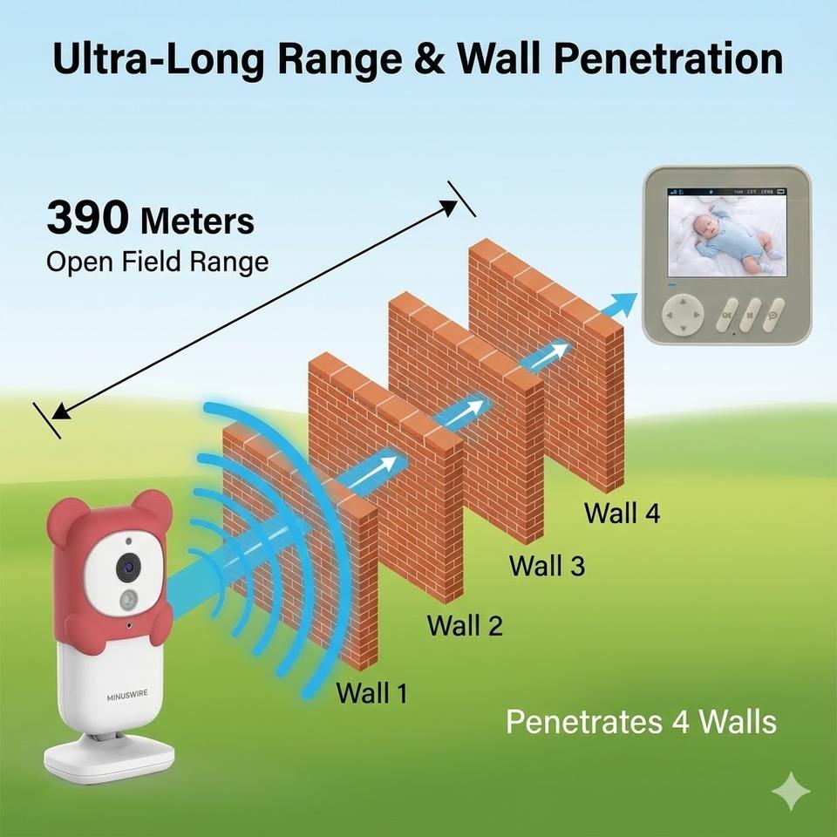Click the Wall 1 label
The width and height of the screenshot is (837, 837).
371,693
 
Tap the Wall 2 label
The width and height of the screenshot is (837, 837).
465,625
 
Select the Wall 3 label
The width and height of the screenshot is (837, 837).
547,565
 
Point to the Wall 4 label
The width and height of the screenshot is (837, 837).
622,513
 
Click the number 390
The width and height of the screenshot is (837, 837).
87,219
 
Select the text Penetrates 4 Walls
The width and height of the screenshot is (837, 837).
641,722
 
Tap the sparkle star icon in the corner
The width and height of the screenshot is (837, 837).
791,791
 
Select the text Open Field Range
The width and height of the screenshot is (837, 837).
157,262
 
